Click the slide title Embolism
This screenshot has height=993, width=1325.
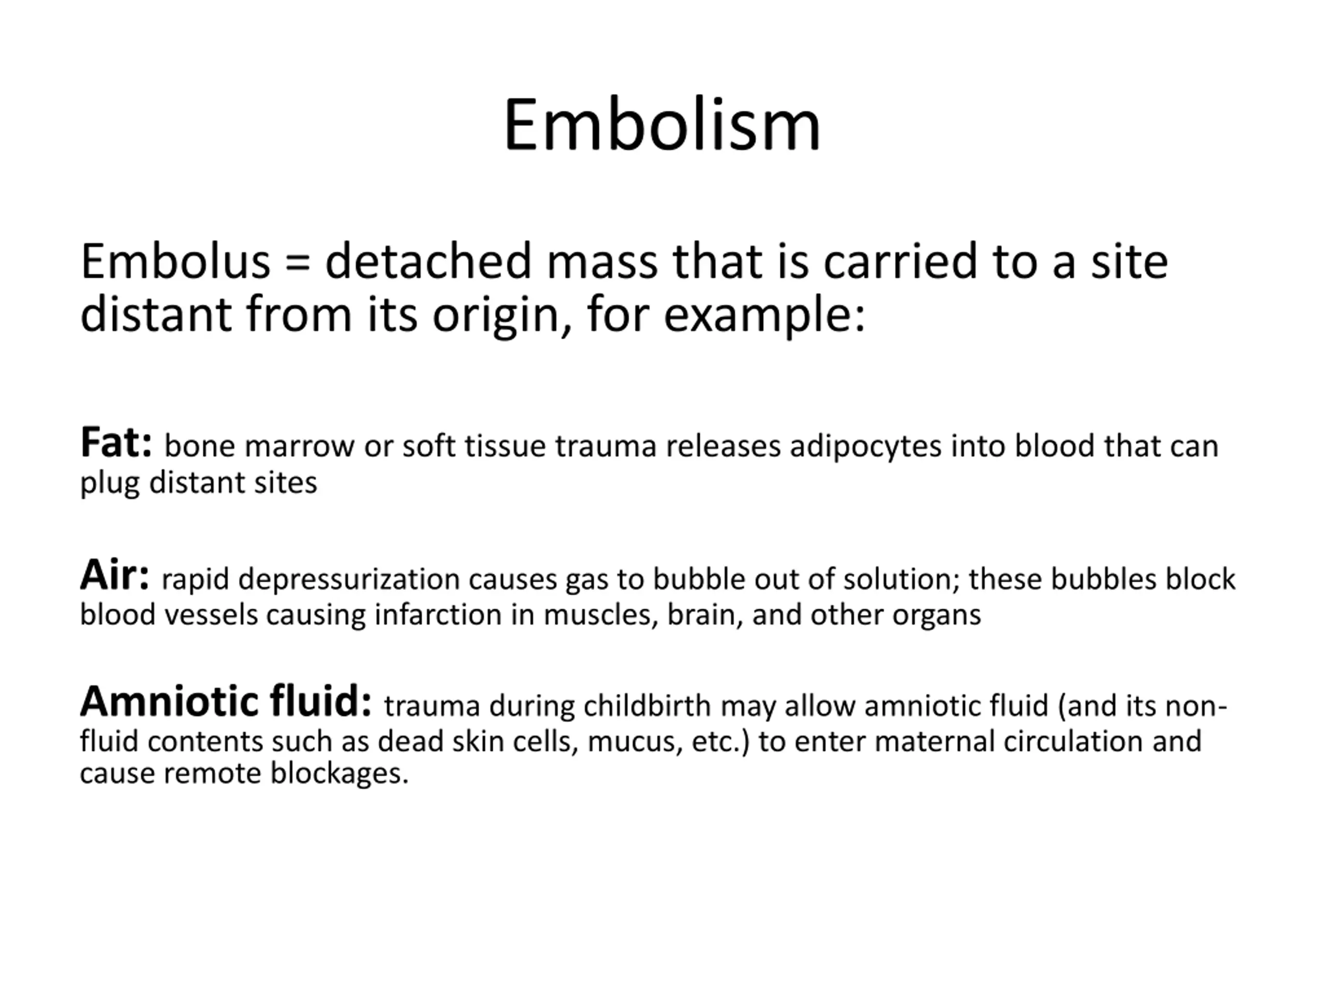pos(662,126)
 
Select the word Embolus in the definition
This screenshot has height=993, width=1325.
pos(175,261)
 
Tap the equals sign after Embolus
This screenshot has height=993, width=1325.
pos(298,263)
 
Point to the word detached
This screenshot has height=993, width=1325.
pos(428,261)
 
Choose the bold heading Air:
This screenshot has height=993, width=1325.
pos(114,575)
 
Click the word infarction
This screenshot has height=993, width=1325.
pos(438,615)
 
